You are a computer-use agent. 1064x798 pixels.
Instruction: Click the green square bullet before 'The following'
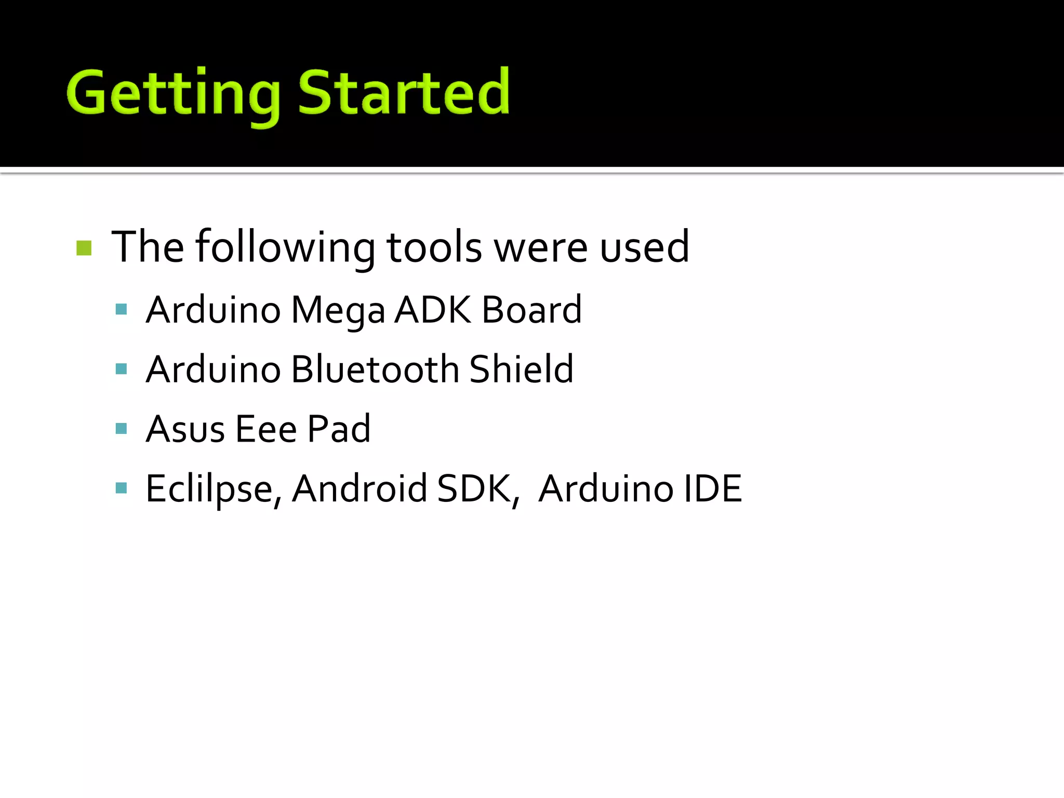tap(84, 248)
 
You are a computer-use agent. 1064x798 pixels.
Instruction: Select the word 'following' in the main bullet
tap(285, 247)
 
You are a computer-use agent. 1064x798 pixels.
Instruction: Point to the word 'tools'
tap(434, 247)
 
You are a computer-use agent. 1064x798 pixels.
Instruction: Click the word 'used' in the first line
tap(644, 247)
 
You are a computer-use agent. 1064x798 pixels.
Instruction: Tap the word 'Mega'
tap(338, 311)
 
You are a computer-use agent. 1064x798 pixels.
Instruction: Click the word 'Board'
tap(531, 310)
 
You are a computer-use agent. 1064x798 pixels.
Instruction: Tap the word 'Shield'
tap(521, 369)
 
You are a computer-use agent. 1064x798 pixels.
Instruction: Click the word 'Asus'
tap(185, 429)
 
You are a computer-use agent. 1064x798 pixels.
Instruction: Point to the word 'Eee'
tap(266, 429)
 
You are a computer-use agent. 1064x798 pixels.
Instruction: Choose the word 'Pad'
tap(339, 429)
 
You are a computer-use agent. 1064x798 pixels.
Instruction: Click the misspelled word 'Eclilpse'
tap(214, 489)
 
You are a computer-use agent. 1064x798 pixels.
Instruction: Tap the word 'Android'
tap(359, 489)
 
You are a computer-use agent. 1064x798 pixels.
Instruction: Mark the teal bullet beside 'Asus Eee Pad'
tap(122, 429)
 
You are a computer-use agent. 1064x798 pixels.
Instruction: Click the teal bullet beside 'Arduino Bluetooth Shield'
tap(122, 369)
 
